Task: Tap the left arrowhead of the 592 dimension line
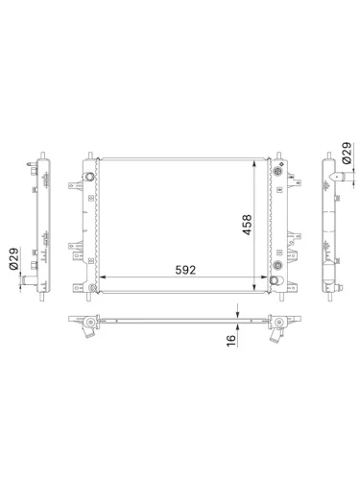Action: click(x=103, y=280)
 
